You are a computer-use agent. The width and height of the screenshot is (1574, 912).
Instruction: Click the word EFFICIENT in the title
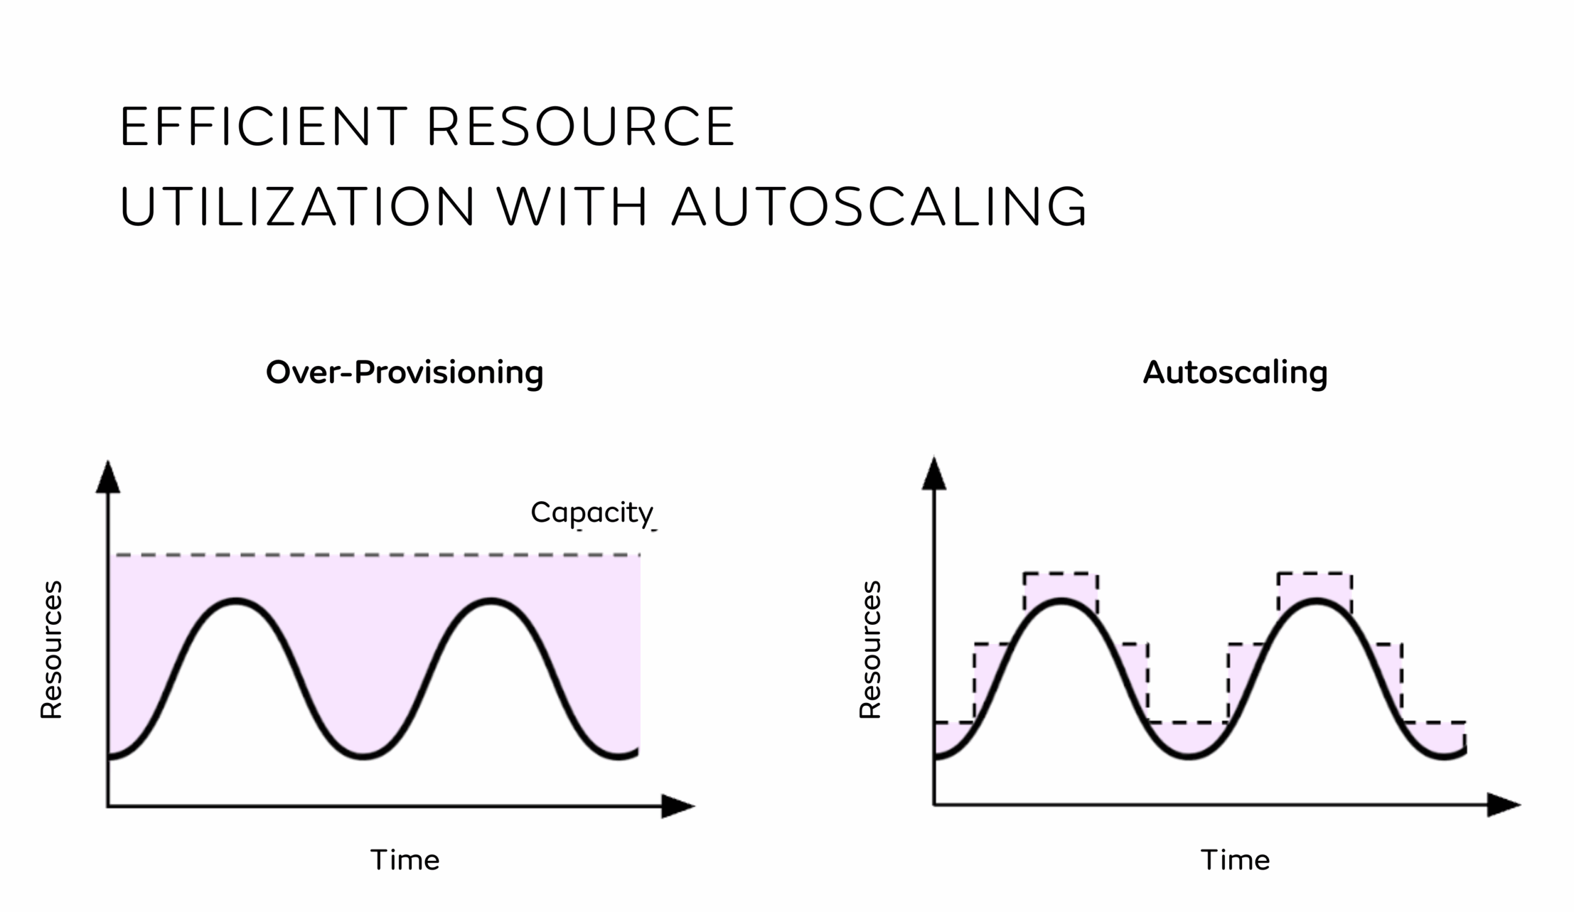point(264,126)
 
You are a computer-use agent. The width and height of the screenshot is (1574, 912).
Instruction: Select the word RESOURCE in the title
point(582,126)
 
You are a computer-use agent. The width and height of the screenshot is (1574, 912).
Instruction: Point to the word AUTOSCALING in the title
point(880,205)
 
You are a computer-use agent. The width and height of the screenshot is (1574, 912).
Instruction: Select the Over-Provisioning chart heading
point(405,373)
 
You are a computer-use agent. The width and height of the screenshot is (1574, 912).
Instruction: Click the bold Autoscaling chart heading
point(1235,373)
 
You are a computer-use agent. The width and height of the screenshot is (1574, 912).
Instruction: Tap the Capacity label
point(592,513)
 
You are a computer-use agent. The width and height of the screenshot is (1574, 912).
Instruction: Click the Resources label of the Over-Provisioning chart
point(51,649)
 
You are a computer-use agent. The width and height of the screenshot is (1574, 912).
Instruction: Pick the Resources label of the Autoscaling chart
point(870,649)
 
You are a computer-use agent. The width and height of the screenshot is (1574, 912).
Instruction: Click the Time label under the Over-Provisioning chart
point(405,860)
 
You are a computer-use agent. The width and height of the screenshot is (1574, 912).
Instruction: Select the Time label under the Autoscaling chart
point(1235,860)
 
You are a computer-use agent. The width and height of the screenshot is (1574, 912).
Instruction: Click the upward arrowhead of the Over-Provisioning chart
point(108,478)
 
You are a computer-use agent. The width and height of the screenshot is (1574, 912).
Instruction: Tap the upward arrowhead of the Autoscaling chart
point(935,474)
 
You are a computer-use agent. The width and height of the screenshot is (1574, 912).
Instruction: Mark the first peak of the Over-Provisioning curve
point(236,601)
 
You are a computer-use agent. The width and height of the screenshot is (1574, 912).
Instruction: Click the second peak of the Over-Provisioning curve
point(491,601)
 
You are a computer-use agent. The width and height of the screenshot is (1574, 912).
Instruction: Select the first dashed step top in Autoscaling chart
point(1061,573)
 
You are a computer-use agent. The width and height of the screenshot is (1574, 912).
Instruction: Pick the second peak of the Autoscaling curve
point(1316,601)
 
